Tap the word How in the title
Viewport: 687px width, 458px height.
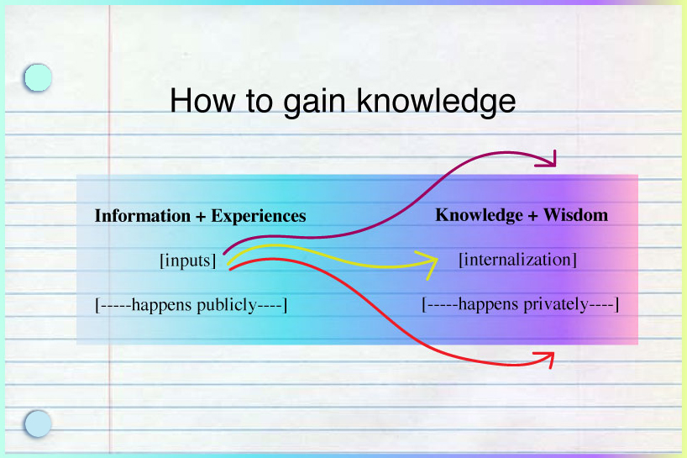pyautogui.click(x=202, y=100)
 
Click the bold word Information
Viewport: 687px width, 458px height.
pyautogui.click(x=143, y=216)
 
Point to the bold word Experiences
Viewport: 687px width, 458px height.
pyautogui.click(x=259, y=216)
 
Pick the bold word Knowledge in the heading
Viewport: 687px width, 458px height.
pyautogui.click(x=479, y=215)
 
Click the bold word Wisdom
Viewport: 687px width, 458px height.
pyautogui.click(x=575, y=215)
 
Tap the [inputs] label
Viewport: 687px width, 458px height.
pyautogui.click(x=188, y=261)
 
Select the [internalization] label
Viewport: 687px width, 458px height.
pyautogui.click(x=517, y=260)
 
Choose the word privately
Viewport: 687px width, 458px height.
pyautogui.click(x=556, y=304)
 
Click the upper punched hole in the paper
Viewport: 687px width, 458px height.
pyautogui.click(x=38, y=77)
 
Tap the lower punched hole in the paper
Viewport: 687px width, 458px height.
pyautogui.click(x=38, y=424)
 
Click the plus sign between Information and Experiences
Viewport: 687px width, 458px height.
pyautogui.click(x=201, y=217)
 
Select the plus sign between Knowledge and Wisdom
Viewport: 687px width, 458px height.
pyautogui.click(x=532, y=216)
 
